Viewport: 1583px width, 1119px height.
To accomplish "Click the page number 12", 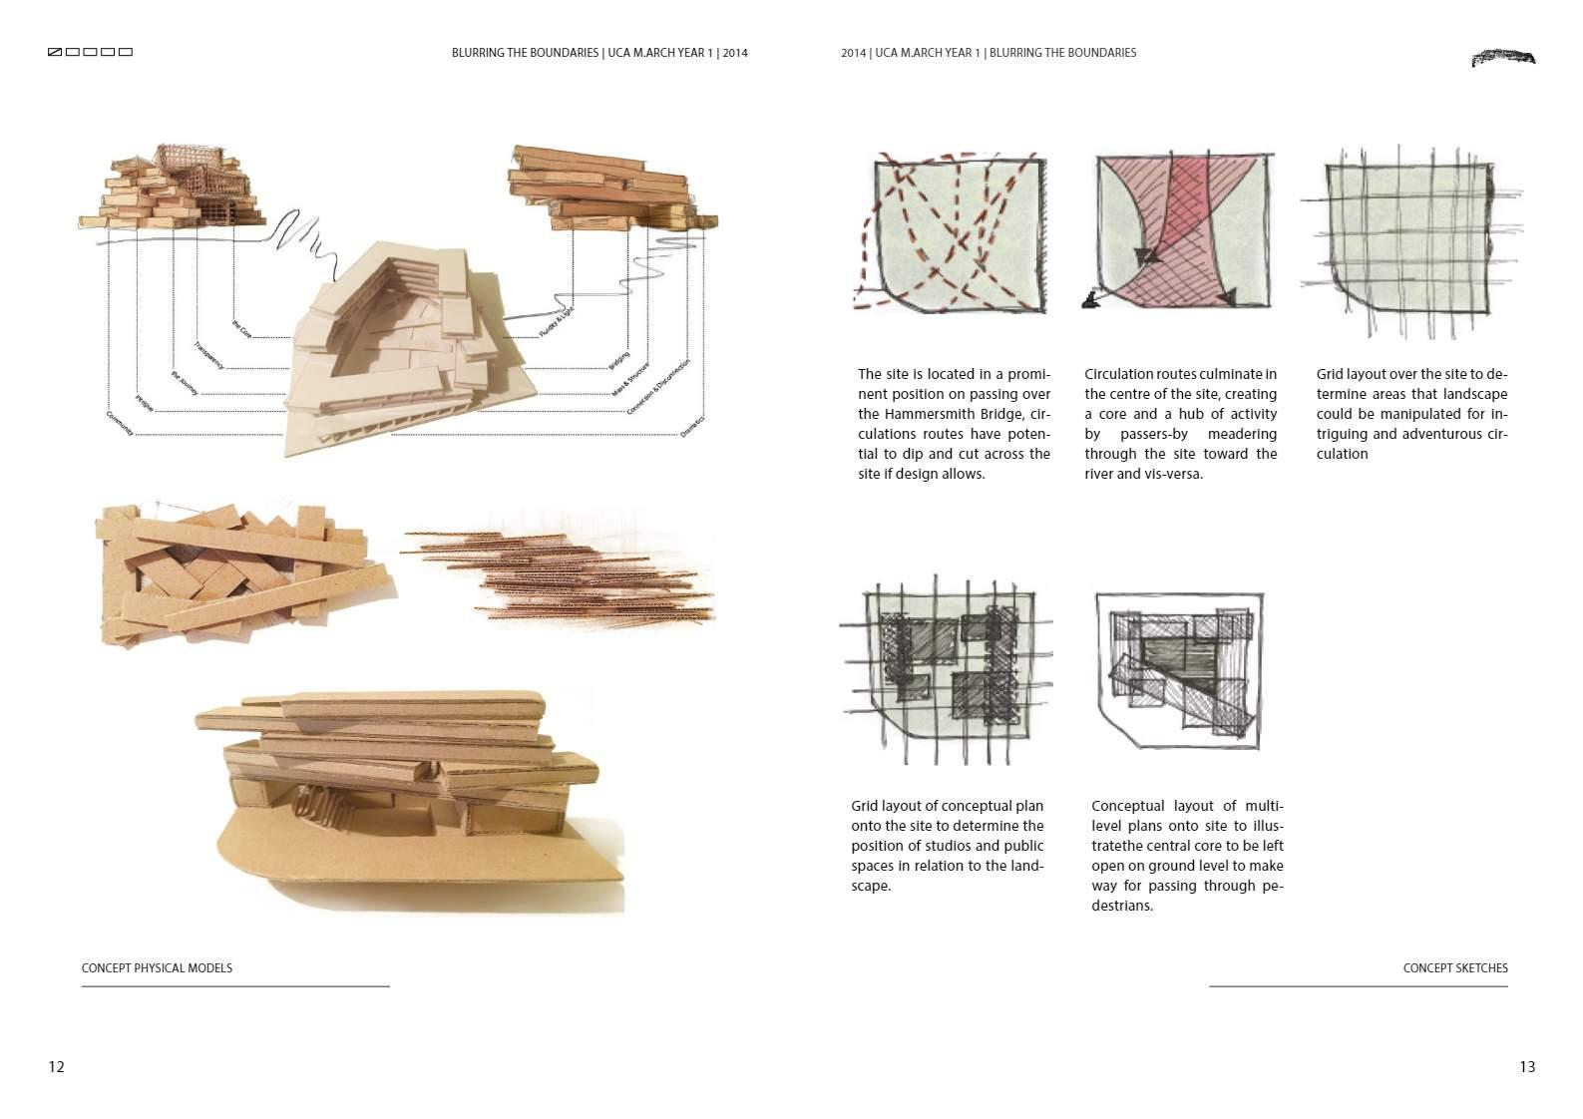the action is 56,1067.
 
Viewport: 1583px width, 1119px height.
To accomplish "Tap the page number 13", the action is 1527,1067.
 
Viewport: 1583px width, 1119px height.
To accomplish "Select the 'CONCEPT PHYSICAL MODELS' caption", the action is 157,968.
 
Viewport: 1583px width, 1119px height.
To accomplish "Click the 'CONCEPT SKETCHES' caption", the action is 1455,968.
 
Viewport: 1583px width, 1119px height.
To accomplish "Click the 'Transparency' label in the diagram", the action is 209,357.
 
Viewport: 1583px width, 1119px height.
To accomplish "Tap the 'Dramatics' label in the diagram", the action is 692,426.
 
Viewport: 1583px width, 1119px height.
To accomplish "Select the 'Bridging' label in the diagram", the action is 619,361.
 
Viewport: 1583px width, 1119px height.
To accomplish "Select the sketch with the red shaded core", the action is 1182,231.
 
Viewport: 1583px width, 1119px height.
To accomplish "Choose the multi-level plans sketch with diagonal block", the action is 1180,670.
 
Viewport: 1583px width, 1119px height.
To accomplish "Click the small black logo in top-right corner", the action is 1503,57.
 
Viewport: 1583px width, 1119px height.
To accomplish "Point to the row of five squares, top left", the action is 90,52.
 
